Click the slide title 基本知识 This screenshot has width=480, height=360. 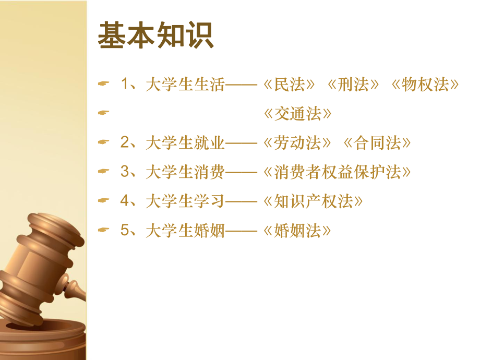click(155, 36)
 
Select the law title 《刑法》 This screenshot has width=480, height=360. click(353, 85)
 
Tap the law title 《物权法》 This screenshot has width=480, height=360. click(425, 85)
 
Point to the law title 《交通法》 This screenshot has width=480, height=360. click(298, 114)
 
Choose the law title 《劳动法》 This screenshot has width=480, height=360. click(298, 143)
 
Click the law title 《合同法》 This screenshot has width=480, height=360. click(378, 143)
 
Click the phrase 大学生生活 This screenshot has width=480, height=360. click(185, 85)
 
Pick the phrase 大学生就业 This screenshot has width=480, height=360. click(185, 143)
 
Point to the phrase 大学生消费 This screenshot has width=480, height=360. click(185, 172)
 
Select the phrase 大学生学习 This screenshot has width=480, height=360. click(185, 201)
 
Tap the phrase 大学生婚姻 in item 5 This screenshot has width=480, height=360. click(185, 231)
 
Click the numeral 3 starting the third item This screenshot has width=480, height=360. click(125, 172)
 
